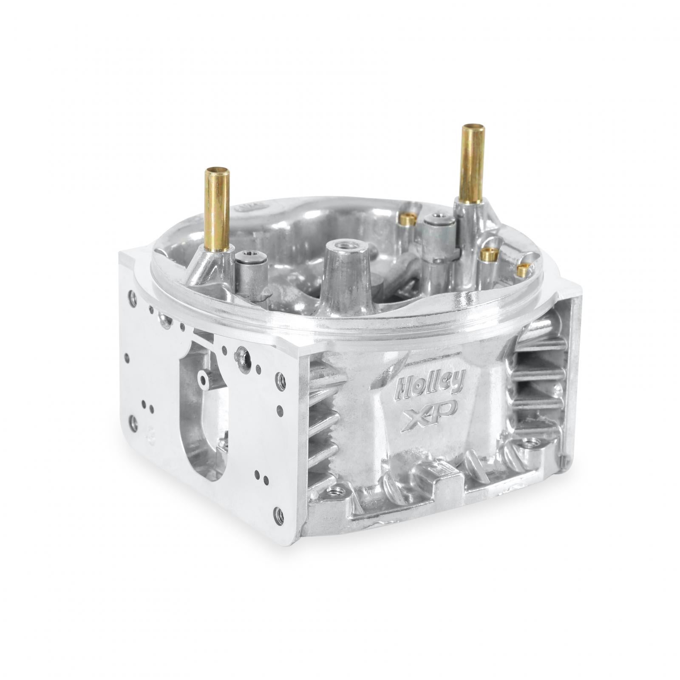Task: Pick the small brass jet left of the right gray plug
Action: coord(408,220)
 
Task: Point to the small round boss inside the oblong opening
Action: coord(203,378)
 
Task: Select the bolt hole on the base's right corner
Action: coord(530,444)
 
